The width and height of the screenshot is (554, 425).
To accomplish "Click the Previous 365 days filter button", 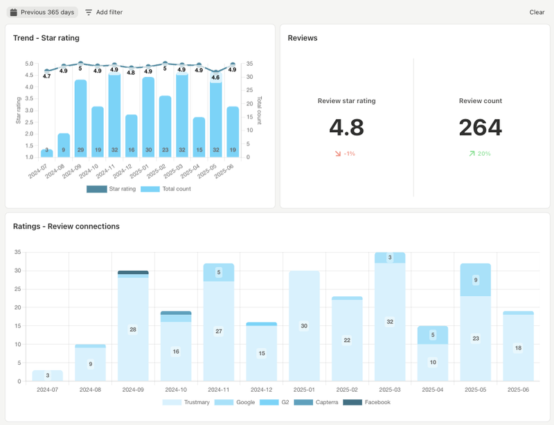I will pos(42,12).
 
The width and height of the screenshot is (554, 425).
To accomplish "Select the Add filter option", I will pos(104,12).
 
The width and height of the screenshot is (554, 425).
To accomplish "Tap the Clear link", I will pos(537,12).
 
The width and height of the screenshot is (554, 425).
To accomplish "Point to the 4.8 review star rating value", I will pos(346,127).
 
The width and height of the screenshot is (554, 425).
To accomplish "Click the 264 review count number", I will pos(480,127).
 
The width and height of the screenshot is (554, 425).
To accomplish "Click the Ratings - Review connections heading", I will pos(66,226).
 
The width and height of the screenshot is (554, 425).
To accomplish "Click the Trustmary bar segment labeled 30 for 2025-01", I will pos(304,325).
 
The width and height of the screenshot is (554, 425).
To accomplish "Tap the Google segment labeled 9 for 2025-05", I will pos(475,280).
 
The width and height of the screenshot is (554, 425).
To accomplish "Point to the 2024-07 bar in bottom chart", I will pos(47,375).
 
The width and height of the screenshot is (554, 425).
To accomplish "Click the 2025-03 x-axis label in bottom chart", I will pos(390,390).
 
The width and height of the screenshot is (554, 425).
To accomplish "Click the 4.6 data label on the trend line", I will pos(216,78).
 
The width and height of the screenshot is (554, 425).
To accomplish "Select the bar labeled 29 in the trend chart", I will pos(81,118).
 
